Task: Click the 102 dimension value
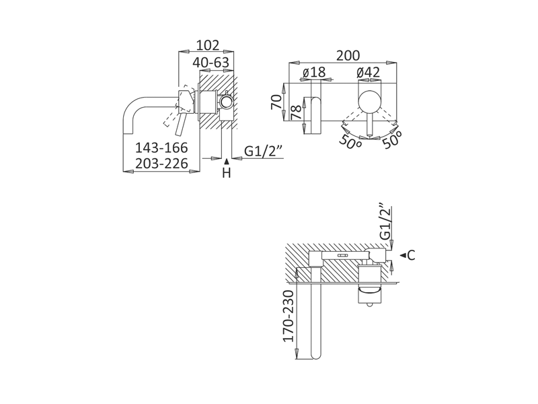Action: click(208, 45)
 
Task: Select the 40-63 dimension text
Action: click(210, 63)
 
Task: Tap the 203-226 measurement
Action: click(161, 164)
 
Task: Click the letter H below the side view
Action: click(227, 174)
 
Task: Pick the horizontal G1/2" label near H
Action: click(262, 151)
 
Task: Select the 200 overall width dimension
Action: click(348, 55)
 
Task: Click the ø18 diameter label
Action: click(313, 72)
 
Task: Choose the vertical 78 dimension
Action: click(295, 112)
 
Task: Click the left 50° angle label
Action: click(350, 142)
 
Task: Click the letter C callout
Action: click(412, 255)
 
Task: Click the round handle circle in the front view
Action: click(368, 102)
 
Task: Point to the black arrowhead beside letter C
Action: click(402, 255)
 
